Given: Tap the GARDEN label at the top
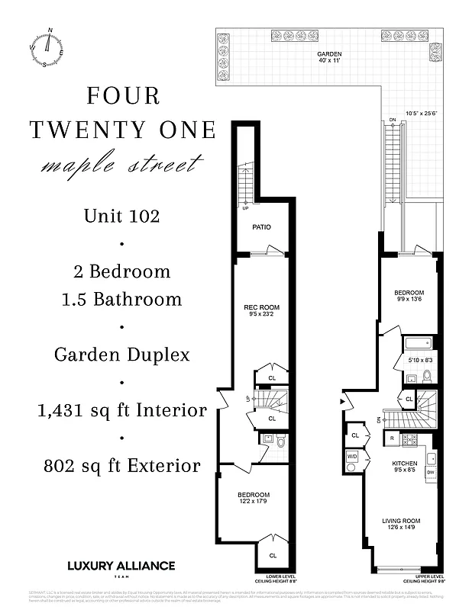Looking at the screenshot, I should point(329,54).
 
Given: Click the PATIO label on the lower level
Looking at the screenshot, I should point(261,227).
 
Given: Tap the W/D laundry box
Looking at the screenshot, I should point(353,457).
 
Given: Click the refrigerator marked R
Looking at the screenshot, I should point(392,439).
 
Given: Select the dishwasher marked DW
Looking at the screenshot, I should point(431,473).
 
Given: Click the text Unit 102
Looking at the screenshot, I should point(122,216).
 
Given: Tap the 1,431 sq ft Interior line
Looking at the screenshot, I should point(122,410).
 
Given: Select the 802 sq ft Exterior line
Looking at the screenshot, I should point(122,465).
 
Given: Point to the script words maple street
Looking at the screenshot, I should point(122,164).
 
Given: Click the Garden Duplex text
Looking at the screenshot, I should point(122,355).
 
